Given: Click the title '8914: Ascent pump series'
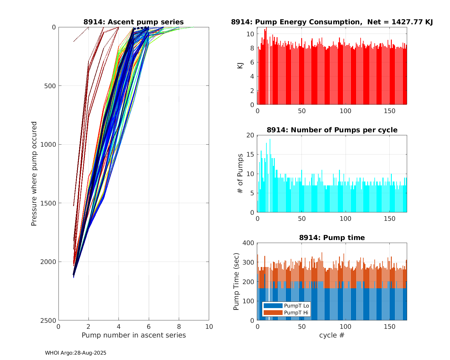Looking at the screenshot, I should click(133, 22).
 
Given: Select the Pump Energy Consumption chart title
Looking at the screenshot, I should click(332, 22).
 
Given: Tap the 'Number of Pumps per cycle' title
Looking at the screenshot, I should click(332, 130).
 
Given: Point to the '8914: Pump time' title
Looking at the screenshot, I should click(332, 238).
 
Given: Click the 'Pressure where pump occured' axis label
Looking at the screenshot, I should click(34, 174).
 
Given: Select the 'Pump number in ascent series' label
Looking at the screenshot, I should click(133, 335).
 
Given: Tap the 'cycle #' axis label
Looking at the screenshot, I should click(332, 335).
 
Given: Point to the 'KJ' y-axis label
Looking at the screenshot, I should click(240, 65).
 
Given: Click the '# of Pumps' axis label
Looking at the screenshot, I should click(240, 173).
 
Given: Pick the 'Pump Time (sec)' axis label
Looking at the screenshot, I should click(236, 281).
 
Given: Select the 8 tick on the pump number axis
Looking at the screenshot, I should click(179, 326).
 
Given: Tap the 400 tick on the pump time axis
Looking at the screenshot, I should click(248, 243).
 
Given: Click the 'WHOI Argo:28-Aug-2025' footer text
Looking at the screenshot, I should click(76, 353).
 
